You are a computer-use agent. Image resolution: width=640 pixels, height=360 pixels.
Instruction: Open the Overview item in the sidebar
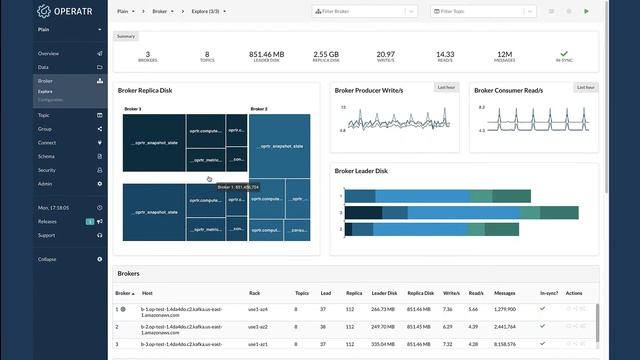tap(48, 53)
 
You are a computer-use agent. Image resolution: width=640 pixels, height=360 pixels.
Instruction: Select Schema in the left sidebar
tap(47, 156)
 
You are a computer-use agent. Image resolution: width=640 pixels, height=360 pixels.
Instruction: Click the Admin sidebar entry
tap(46, 184)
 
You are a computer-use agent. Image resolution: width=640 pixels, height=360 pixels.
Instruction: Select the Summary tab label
tap(126, 36)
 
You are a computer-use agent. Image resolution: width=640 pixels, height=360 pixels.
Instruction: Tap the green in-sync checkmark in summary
tap(564, 54)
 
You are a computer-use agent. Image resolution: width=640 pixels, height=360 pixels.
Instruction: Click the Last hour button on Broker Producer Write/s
tap(446, 87)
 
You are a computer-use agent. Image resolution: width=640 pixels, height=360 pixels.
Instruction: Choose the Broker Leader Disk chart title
tap(361, 171)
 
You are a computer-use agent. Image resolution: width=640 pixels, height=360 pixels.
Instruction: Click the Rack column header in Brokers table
tap(254, 293)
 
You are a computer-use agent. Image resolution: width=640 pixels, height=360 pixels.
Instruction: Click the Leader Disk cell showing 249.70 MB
tap(385, 326)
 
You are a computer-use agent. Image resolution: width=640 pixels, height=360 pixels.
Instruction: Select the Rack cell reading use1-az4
tap(259, 309)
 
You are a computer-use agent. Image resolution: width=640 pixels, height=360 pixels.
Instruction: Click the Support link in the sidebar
tap(47, 235)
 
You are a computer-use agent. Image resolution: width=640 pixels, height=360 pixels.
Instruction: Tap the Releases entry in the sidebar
tap(47, 221)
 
